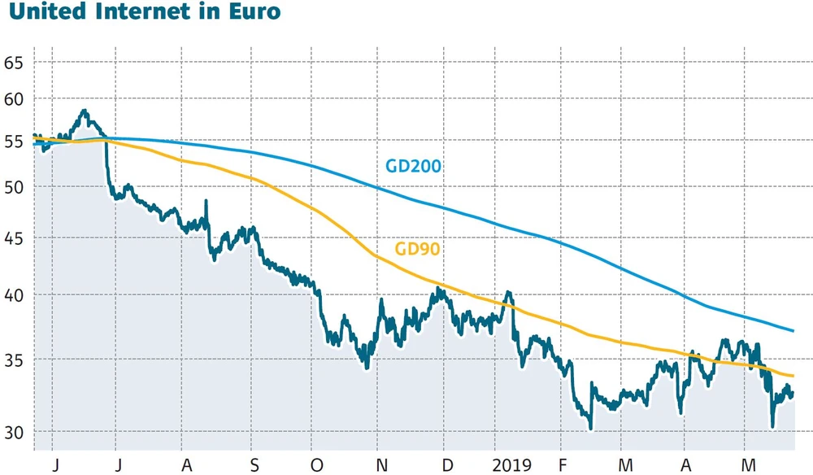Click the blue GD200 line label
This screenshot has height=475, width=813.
413,167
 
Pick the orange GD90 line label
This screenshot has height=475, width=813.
417,249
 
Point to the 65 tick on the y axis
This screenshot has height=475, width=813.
13,63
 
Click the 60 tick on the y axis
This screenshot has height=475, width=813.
13,99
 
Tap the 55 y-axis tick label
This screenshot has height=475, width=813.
13,141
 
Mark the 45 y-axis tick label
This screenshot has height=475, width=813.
13,238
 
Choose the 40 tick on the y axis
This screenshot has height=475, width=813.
13,294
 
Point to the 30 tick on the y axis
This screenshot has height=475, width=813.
13,432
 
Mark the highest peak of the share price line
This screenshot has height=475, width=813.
84,110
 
